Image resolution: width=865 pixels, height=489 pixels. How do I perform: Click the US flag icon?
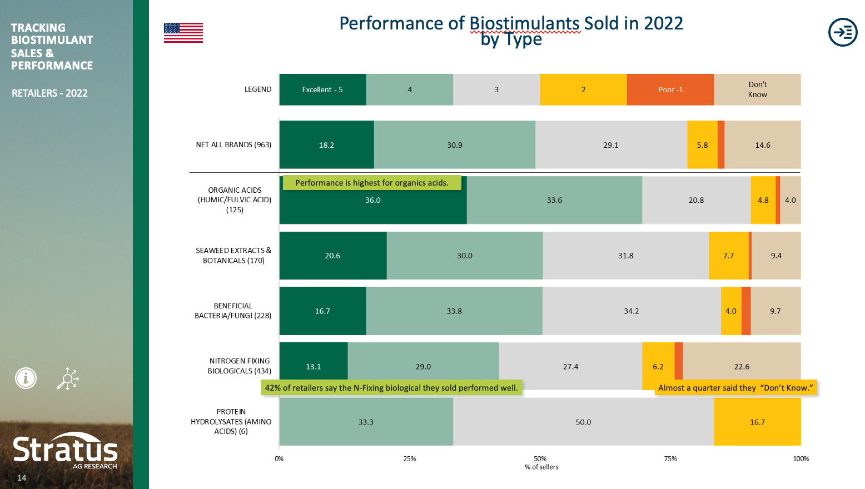(183, 33)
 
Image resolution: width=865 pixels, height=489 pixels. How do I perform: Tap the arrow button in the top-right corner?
(843, 32)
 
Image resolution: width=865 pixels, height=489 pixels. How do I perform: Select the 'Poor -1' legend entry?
(670, 89)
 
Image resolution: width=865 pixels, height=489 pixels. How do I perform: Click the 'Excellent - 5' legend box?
(322, 89)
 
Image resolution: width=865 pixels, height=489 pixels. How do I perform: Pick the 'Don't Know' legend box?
(757, 89)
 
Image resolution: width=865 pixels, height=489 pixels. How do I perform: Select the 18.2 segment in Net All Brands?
(326, 145)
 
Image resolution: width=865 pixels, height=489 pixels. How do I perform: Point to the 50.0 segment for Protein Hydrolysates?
(583, 422)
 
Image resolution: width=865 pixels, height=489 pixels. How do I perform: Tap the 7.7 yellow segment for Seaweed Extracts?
(728, 256)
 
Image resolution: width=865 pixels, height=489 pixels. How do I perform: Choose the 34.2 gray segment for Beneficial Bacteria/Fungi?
(631, 311)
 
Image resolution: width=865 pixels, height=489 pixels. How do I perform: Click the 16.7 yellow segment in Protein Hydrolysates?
(757, 422)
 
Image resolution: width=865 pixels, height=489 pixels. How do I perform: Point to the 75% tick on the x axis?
(670, 459)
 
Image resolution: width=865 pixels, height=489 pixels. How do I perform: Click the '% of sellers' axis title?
(541, 467)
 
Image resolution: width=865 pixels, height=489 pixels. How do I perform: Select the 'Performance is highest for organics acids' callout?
(372, 183)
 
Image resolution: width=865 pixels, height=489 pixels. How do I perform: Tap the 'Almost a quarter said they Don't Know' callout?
(735, 388)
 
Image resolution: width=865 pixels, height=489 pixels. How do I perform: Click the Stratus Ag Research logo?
(65, 451)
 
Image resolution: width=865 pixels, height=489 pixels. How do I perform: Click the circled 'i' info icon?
(26, 378)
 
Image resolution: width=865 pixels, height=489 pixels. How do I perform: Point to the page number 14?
(22, 478)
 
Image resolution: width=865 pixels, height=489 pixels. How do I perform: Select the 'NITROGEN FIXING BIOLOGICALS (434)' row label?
(239, 366)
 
